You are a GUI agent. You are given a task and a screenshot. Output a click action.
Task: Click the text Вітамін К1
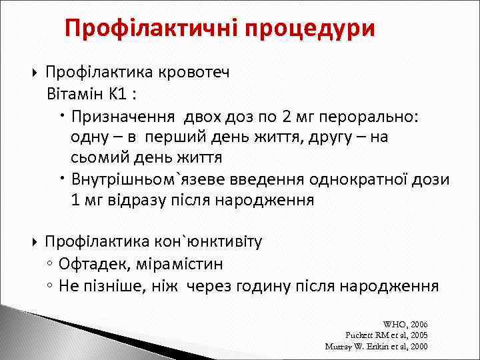tap(91, 94)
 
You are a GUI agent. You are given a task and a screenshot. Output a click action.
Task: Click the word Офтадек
tap(87, 264)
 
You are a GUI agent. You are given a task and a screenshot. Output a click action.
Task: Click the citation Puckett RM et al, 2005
tap(387, 335)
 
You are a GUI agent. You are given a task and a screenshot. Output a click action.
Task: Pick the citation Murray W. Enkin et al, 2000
tap(376, 346)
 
